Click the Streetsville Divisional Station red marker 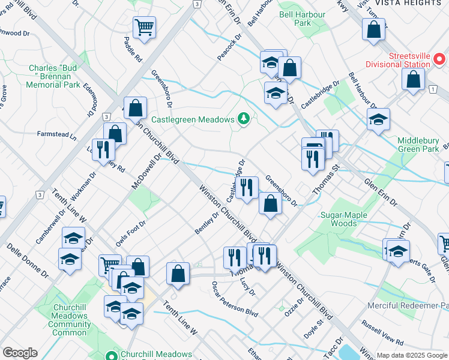[439, 59]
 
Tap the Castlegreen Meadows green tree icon [243, 119]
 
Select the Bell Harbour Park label [303, 19]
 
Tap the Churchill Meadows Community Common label [70, 320]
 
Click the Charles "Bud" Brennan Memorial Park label [54, 76]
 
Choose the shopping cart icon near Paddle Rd [144, 27]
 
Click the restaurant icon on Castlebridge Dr [246, 188]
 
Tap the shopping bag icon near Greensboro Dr [271, 203]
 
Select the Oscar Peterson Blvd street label [234, 298]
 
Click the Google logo [20, 353]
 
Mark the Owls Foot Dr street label [131, 234]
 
